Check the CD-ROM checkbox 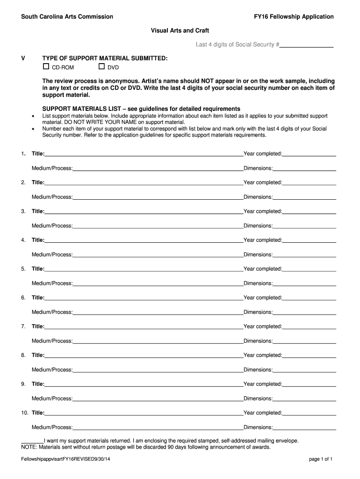[x=46, y=67]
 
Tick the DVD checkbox [x=101, y=67]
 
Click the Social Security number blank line [x=306, y=45]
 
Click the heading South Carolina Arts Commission [x=67, y=17]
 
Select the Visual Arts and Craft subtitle [x=180, y=30]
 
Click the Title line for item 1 [x=144, y=154]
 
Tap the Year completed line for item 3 [x=309, y=211]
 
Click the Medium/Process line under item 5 [x=158, y=283]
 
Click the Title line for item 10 [x=144, y=413]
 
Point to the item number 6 [x=23, y=298]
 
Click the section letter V [x=23, y=58]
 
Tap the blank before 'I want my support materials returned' [x=32, y=441]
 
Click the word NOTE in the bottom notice [x=29, y=447]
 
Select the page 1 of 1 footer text [x=321, y=459]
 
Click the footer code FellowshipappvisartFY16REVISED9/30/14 [x=65, y=459]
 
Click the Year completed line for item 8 [x=309, y=356]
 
